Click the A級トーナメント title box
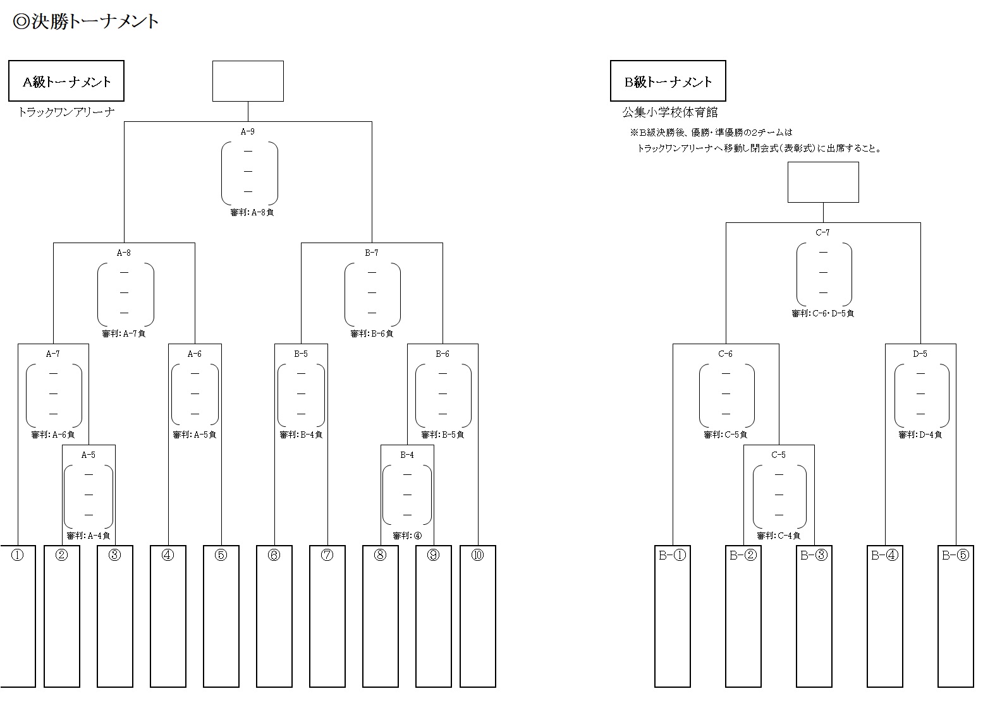tap(66, 81)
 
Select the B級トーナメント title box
tap(668, 81)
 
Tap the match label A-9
tap(248, 132)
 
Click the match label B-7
tap(372, 253)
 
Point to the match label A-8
tap(124, 253)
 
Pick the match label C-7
tap(822, 233)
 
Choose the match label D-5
tap(920, 354)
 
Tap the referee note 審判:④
tap(407, 536)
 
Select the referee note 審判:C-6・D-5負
tap(822, 314)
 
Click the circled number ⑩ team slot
tap(477, 556)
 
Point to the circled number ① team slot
tap(18, 556)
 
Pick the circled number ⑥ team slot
tap(274, 556)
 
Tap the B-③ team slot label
tap(814, 556)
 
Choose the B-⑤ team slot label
tap(955, 556)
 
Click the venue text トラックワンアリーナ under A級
tap(66, 112)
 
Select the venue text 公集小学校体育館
tap(670, 112)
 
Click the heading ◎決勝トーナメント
tap(86, 22)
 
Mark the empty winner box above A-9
tap(248, 81)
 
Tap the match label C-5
tap(778, 455)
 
